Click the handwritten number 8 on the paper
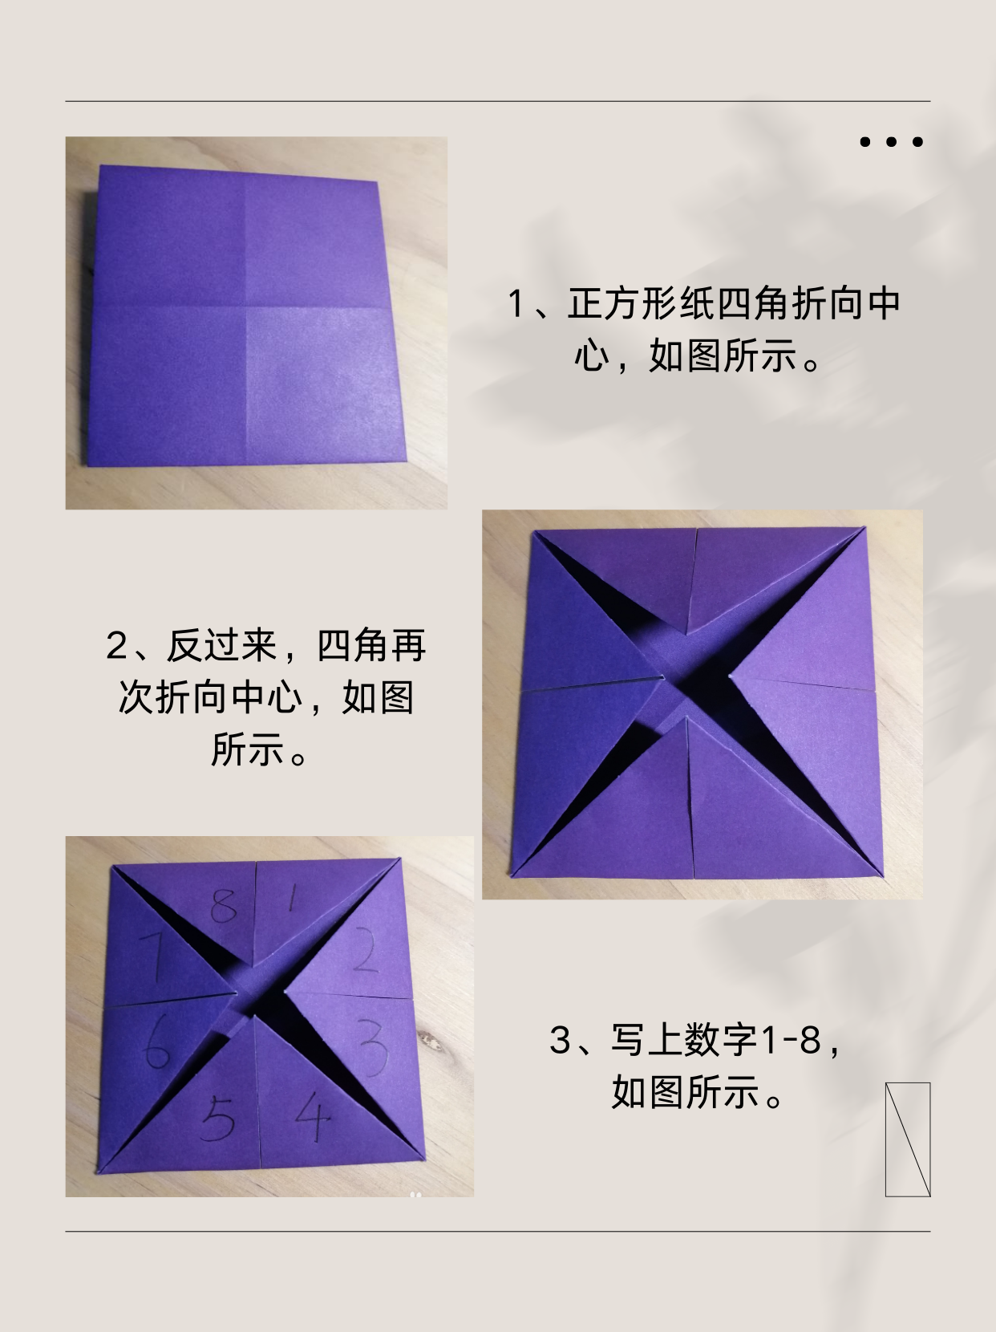(225, 906)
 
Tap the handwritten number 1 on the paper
(292, 901)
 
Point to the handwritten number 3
(373, 1047)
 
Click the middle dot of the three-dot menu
(891, 142)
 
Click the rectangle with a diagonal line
(908, 1139)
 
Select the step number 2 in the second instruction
(117, 646)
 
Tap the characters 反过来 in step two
(221, 646)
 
